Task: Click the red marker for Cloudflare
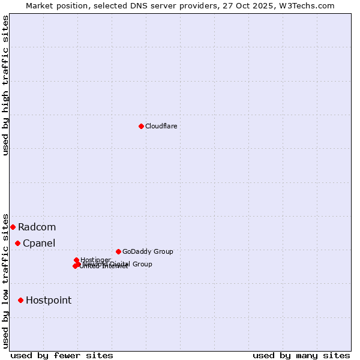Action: point(141,126)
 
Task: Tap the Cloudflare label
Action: point(161,126)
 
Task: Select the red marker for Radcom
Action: point(13,227)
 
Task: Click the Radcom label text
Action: point(37,227)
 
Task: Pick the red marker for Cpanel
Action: point(17,243)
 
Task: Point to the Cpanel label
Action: point(39,243)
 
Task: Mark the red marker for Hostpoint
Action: point(20,300)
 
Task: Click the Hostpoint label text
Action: point(49,300)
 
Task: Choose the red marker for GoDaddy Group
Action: point(118,251)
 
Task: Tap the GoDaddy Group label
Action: point(148,251)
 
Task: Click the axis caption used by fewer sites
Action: point(62,355)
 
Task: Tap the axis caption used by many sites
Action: point(301,355)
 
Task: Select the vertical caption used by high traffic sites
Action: point(5,85)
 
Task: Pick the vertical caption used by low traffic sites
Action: point(5,280)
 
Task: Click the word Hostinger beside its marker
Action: point(95,260)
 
